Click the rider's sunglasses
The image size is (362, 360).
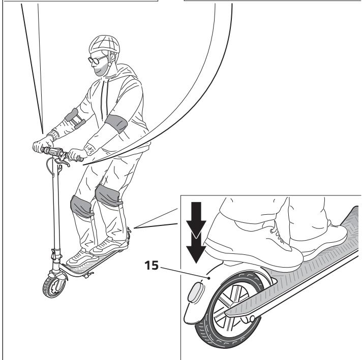[x=96, y=59]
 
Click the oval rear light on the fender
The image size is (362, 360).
[x=196, y=295]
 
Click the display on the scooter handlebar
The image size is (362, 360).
[x=52, y=151]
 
